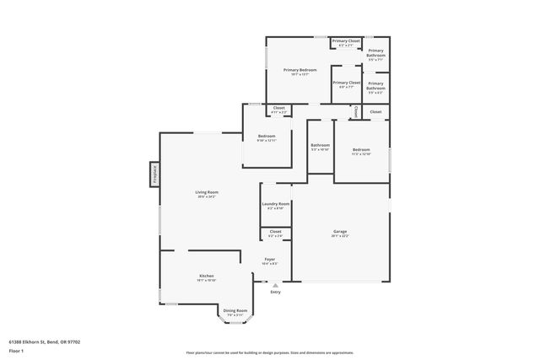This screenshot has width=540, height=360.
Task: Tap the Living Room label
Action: click(207, 192)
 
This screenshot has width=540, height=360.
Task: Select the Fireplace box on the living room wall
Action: click(154, 175)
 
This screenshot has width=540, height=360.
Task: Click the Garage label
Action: click(340, 231)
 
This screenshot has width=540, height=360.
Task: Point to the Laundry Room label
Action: click(276, 204)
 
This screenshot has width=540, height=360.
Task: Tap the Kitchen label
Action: click(207, 276)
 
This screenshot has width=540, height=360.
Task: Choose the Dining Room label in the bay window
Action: click(235, 311)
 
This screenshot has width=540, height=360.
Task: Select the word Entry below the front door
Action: click(275, 293)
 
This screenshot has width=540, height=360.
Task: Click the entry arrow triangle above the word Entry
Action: click(275, 285)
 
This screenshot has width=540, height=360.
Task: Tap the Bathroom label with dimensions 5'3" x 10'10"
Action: click(320, 145)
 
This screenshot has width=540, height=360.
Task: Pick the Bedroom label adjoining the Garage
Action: click(361, 149)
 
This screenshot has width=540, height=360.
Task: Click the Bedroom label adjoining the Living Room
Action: click(267, 136)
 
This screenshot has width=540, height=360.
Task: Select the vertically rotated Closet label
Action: click(356, 110)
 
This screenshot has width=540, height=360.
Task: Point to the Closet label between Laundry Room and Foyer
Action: click(275, 231)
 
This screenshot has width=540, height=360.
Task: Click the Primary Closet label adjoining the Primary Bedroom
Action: click(346, 83)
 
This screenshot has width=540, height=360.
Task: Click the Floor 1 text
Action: click(16, 350)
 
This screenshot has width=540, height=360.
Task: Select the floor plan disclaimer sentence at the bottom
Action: click(270, 353)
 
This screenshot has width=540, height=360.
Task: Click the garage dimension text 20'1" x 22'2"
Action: click(340, 236)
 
